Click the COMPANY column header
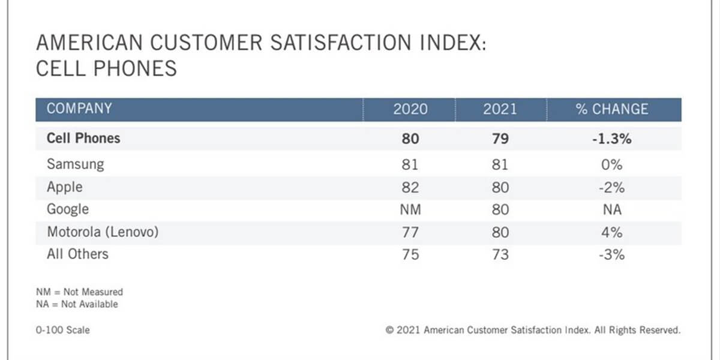[x=79, y=109]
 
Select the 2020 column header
[x=410, y=109]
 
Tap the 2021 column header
[x=500, y=109]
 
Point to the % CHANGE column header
[x=612, y=109]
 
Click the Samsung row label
[x=75, y=164]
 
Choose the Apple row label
[x=64, y=187]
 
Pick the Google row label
[x=68, y=209]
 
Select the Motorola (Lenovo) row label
[x=103, y=232]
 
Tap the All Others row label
[x=77, y=254]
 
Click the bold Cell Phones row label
[x=83, y=139]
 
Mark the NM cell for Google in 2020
[x=410, y=209]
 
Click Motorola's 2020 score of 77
[x=410, y=232]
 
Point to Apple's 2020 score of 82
[x=410, y=187]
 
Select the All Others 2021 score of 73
[x=499, y=254]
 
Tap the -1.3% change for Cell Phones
[x=612, y=139]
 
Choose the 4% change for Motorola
[x=612, y=232]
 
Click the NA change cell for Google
[x=612, y=209]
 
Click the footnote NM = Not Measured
[x=79, y=292]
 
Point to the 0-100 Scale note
[x=63, y=330]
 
